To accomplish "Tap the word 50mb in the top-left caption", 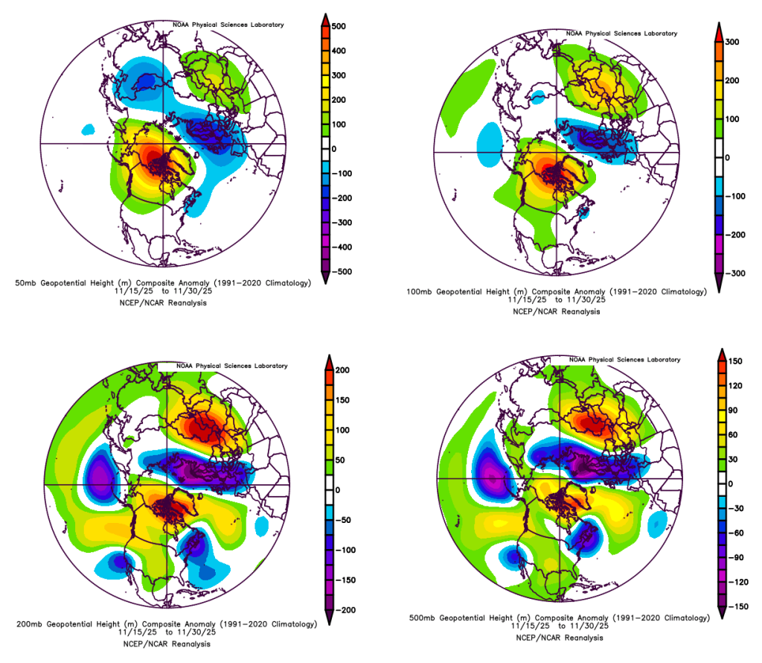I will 26,283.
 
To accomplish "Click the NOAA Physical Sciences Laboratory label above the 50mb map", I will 228,25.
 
